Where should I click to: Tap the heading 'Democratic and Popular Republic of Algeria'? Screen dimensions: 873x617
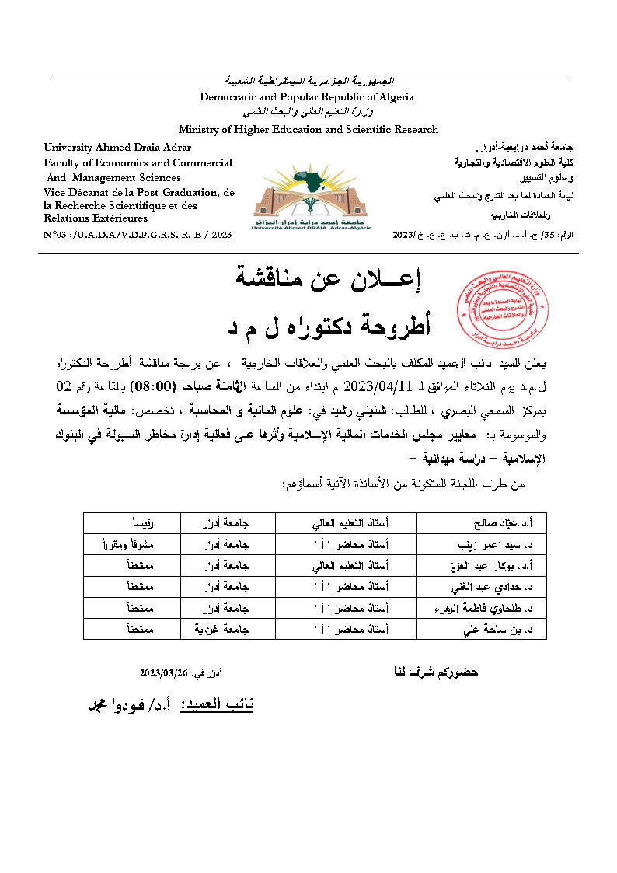tap(307, 97)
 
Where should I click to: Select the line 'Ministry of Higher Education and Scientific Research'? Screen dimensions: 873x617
tap(308, 129)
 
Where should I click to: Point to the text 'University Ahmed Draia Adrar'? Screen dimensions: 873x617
tap(117, 147)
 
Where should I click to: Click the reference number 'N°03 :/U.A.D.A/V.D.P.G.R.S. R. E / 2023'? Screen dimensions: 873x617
tap(138, 234)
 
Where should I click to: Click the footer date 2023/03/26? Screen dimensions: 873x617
tap(167, 673)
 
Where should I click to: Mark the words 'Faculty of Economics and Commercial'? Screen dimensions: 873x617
tap(138, 162)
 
